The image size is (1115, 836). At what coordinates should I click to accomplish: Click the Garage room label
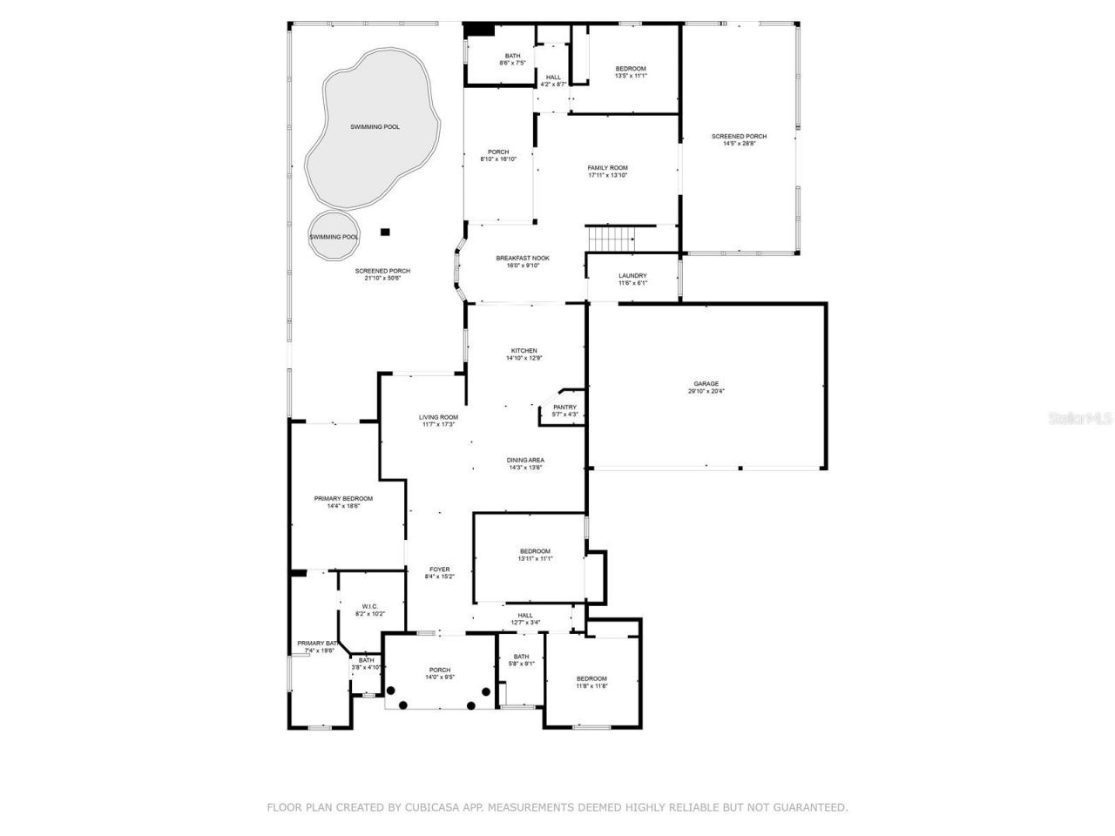706,383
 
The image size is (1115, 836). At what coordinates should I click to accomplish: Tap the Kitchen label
524,351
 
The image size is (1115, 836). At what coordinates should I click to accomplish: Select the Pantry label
564,407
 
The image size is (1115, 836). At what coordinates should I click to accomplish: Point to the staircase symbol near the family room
611,236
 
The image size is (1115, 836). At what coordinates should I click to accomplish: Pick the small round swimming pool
334,236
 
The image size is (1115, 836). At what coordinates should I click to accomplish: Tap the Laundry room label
632,276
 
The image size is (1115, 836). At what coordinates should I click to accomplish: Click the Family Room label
607,168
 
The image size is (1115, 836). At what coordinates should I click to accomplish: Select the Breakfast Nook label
523,258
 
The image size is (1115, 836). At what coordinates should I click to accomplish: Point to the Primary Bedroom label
343,498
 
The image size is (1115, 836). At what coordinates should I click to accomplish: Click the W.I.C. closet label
369,607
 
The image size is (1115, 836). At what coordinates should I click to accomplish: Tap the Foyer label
439,569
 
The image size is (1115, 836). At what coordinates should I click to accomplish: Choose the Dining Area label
525,460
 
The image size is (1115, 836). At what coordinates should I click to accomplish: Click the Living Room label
438,417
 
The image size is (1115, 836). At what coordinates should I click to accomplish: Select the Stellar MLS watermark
1081,418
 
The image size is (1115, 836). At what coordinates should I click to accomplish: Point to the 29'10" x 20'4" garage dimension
706,391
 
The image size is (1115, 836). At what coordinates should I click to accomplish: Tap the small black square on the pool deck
386,232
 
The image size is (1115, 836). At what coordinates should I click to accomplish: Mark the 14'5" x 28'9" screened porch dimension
739,144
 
